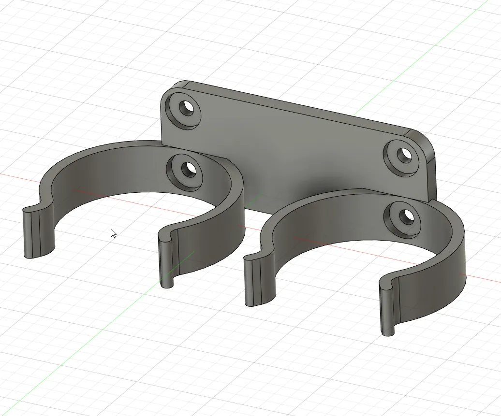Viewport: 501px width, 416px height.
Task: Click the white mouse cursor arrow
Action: [113, 233]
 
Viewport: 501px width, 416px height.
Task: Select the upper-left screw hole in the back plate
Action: [185, 108]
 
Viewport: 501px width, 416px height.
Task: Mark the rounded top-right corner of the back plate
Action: [426, 141]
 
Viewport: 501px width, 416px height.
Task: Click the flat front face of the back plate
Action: [290, 150]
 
